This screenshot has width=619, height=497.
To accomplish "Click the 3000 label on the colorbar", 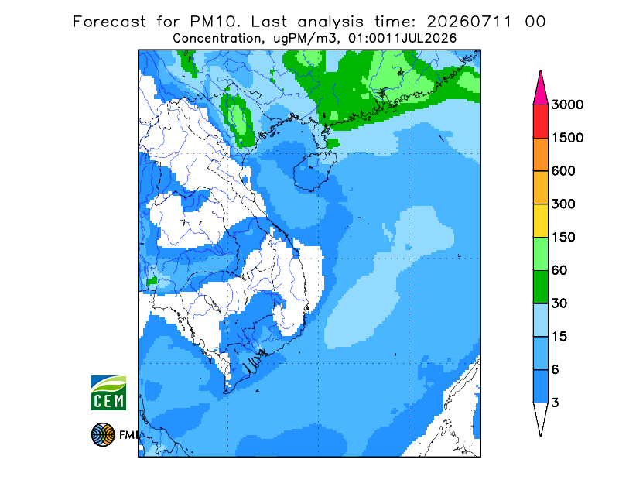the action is (567, 105).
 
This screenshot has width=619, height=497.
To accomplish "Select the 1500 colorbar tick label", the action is (567, 138).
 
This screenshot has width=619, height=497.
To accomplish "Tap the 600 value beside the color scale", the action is (563, 171).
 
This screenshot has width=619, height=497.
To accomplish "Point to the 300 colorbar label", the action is (563, 204).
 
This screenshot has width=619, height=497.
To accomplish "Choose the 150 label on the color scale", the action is (563, 238).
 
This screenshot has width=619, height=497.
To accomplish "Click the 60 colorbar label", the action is (559, 271).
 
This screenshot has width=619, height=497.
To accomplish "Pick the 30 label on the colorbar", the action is (559, 303).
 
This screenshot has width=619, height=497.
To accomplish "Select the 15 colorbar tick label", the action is (559, 337).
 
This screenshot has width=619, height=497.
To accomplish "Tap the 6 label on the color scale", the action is (556, 370).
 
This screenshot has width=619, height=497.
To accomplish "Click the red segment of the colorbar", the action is (540, 122).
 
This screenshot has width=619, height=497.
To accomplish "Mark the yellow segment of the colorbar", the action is (540, 221).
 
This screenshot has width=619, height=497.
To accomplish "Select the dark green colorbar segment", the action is (540, 287).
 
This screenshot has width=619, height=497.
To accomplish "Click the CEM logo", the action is (108, 392).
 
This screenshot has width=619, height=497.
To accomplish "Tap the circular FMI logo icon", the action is (103, 435).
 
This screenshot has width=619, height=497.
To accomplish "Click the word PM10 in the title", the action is (214, 22).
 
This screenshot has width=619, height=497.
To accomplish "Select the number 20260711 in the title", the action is (470, 22).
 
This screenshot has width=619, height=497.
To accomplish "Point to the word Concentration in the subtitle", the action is (217, 39).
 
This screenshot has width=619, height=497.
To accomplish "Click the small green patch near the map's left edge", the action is (152, 281).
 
